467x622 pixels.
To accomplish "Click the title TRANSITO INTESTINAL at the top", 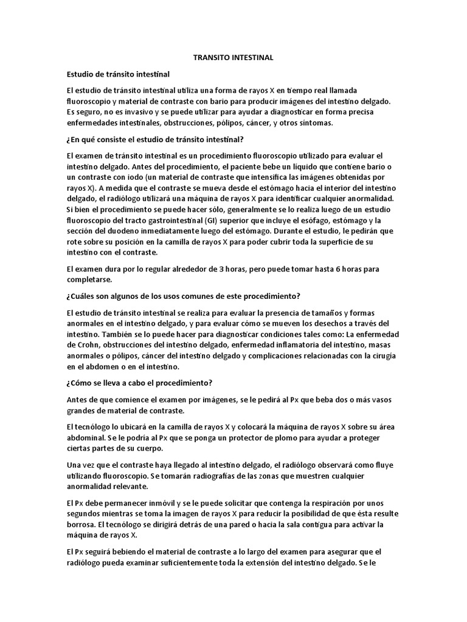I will (233, 58).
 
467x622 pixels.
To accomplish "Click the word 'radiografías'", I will (189, 476).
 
